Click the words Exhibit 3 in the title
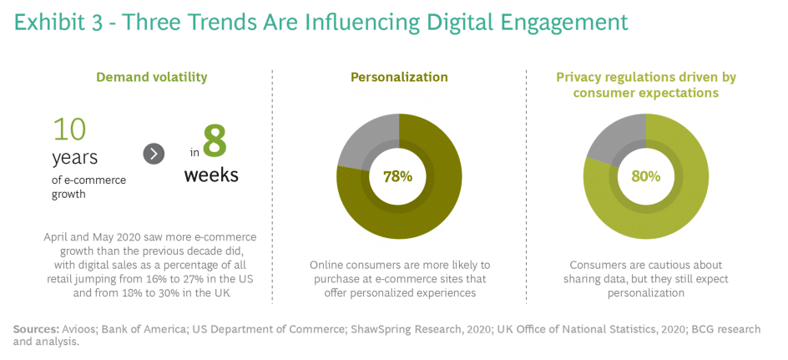[62, 22]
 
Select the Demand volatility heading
[151, 78]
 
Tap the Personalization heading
[399, 78]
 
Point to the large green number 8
[215, 141]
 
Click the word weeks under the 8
[211, 175]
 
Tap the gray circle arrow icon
[154, 154]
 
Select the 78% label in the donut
[398, 176]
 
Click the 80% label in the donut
[645, 176]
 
